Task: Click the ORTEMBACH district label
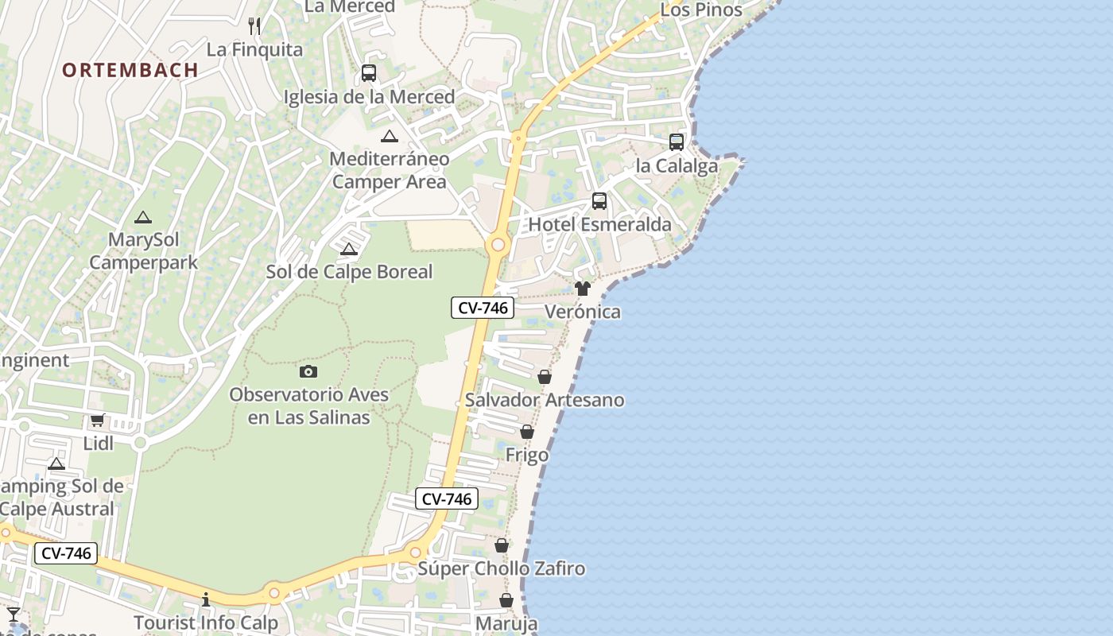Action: pyautogui.click(x=130, y=70)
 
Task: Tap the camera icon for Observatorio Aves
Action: pyautogui.click(x=308, y=371)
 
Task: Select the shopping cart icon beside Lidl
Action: pyautogui.click(x=97, y=420)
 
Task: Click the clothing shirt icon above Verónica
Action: pyautogui.click(x=583, y=289)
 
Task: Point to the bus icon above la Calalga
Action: pyautogui.click(x=677, y=142)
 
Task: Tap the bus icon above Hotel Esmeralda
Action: pyautogui.click(x=599, y=201)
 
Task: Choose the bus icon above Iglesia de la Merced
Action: pyautogui.click(x=369, y=73)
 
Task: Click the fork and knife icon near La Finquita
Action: pyautogui.click(x=254, y=26)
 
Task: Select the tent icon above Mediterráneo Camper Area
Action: pyautogui.click(x=390, y=136)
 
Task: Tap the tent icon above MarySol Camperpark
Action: pyautogui.click(x=143, y=217)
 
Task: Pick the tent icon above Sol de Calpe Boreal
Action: pyautogui.click(x=349, y=250)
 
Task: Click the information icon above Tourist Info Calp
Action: pyautogui.click(x=206, y=599)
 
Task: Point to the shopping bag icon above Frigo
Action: pyautogui.click(x=527, y=432)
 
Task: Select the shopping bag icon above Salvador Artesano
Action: pyautogui.click(x=545, y=377)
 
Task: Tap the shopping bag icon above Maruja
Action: pyautogui.click(x=506, y=600)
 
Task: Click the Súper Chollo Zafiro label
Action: pyautogui.click(x=502, y=568)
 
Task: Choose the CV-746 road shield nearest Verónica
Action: pyautogui.click(x=483, y=308)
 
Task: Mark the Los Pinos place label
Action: pyautogui.click(x=701, y=10)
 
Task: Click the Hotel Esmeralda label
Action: pyautogui.click(x=600, y=225)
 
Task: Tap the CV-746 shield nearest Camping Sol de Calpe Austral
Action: pyautogui.click(x=66, y=553)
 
